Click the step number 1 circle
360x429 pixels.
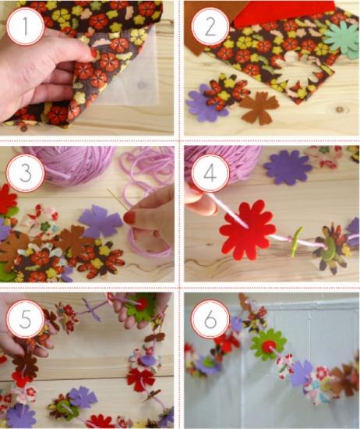26,27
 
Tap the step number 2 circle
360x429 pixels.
210,27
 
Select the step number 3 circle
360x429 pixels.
26,173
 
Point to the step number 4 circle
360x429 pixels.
210,173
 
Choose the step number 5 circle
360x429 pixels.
26,319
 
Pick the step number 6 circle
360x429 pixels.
210,319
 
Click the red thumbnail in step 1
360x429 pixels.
94,52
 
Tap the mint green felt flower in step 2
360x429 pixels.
341,40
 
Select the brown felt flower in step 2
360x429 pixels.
259,108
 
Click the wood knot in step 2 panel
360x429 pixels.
340,109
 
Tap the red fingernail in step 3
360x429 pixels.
129,218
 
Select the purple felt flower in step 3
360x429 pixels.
101,222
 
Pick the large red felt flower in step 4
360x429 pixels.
247,230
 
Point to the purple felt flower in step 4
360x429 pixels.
288,167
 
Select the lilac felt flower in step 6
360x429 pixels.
301,373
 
